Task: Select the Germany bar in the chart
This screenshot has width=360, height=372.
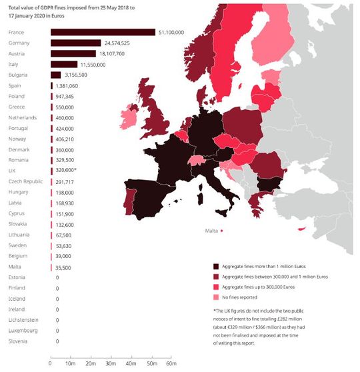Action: (75, 43)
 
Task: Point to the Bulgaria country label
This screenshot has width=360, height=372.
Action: (19, 75)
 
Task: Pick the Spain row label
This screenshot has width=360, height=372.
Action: (16, 85)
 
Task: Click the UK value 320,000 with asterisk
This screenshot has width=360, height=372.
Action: (69, 171)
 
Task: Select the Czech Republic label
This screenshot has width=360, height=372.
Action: (26, 181)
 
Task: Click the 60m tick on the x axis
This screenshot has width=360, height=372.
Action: (170, 363)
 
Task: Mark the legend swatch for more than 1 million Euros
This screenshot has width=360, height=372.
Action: (215, 265)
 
